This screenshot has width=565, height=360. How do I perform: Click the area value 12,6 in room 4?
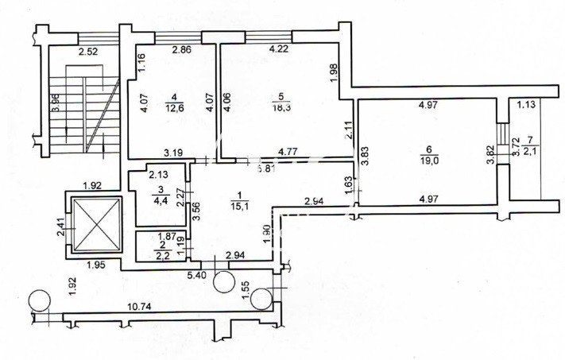point(172,110)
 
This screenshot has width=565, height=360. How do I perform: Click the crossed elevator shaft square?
point(95,224)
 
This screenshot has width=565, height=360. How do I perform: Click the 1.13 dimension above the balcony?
point(527,104)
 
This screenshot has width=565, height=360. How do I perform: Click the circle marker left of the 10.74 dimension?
point(37,300)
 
